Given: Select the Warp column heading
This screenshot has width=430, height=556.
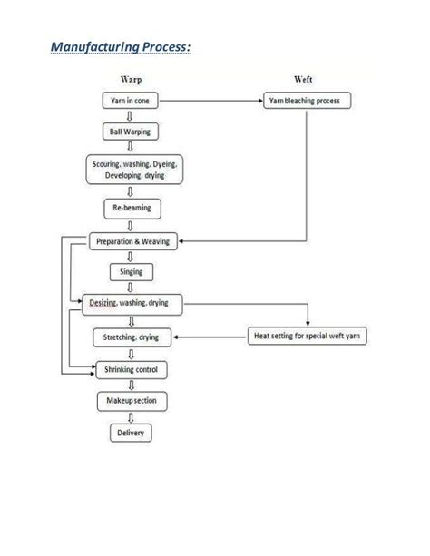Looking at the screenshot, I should tap(132, 80).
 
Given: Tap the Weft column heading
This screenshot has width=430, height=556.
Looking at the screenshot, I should tap(304, 80).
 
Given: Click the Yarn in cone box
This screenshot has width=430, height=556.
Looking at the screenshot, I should tap(131, 101).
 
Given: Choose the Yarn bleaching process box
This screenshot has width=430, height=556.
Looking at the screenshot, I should tap(305, 101).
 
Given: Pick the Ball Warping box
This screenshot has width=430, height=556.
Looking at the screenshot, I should tap(131, 132).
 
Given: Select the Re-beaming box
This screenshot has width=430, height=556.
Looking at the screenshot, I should tap(131, 209).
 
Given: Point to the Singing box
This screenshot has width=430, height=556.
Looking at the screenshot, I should tap(131, 271).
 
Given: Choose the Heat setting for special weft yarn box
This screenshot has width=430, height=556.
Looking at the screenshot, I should tap(304, 337).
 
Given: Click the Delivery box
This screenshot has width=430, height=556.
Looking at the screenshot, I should tap(131, 432).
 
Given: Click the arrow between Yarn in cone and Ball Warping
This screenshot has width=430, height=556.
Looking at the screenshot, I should tap(132, 116).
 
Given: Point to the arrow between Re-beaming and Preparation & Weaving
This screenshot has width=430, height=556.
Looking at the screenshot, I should tap(132, 225).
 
